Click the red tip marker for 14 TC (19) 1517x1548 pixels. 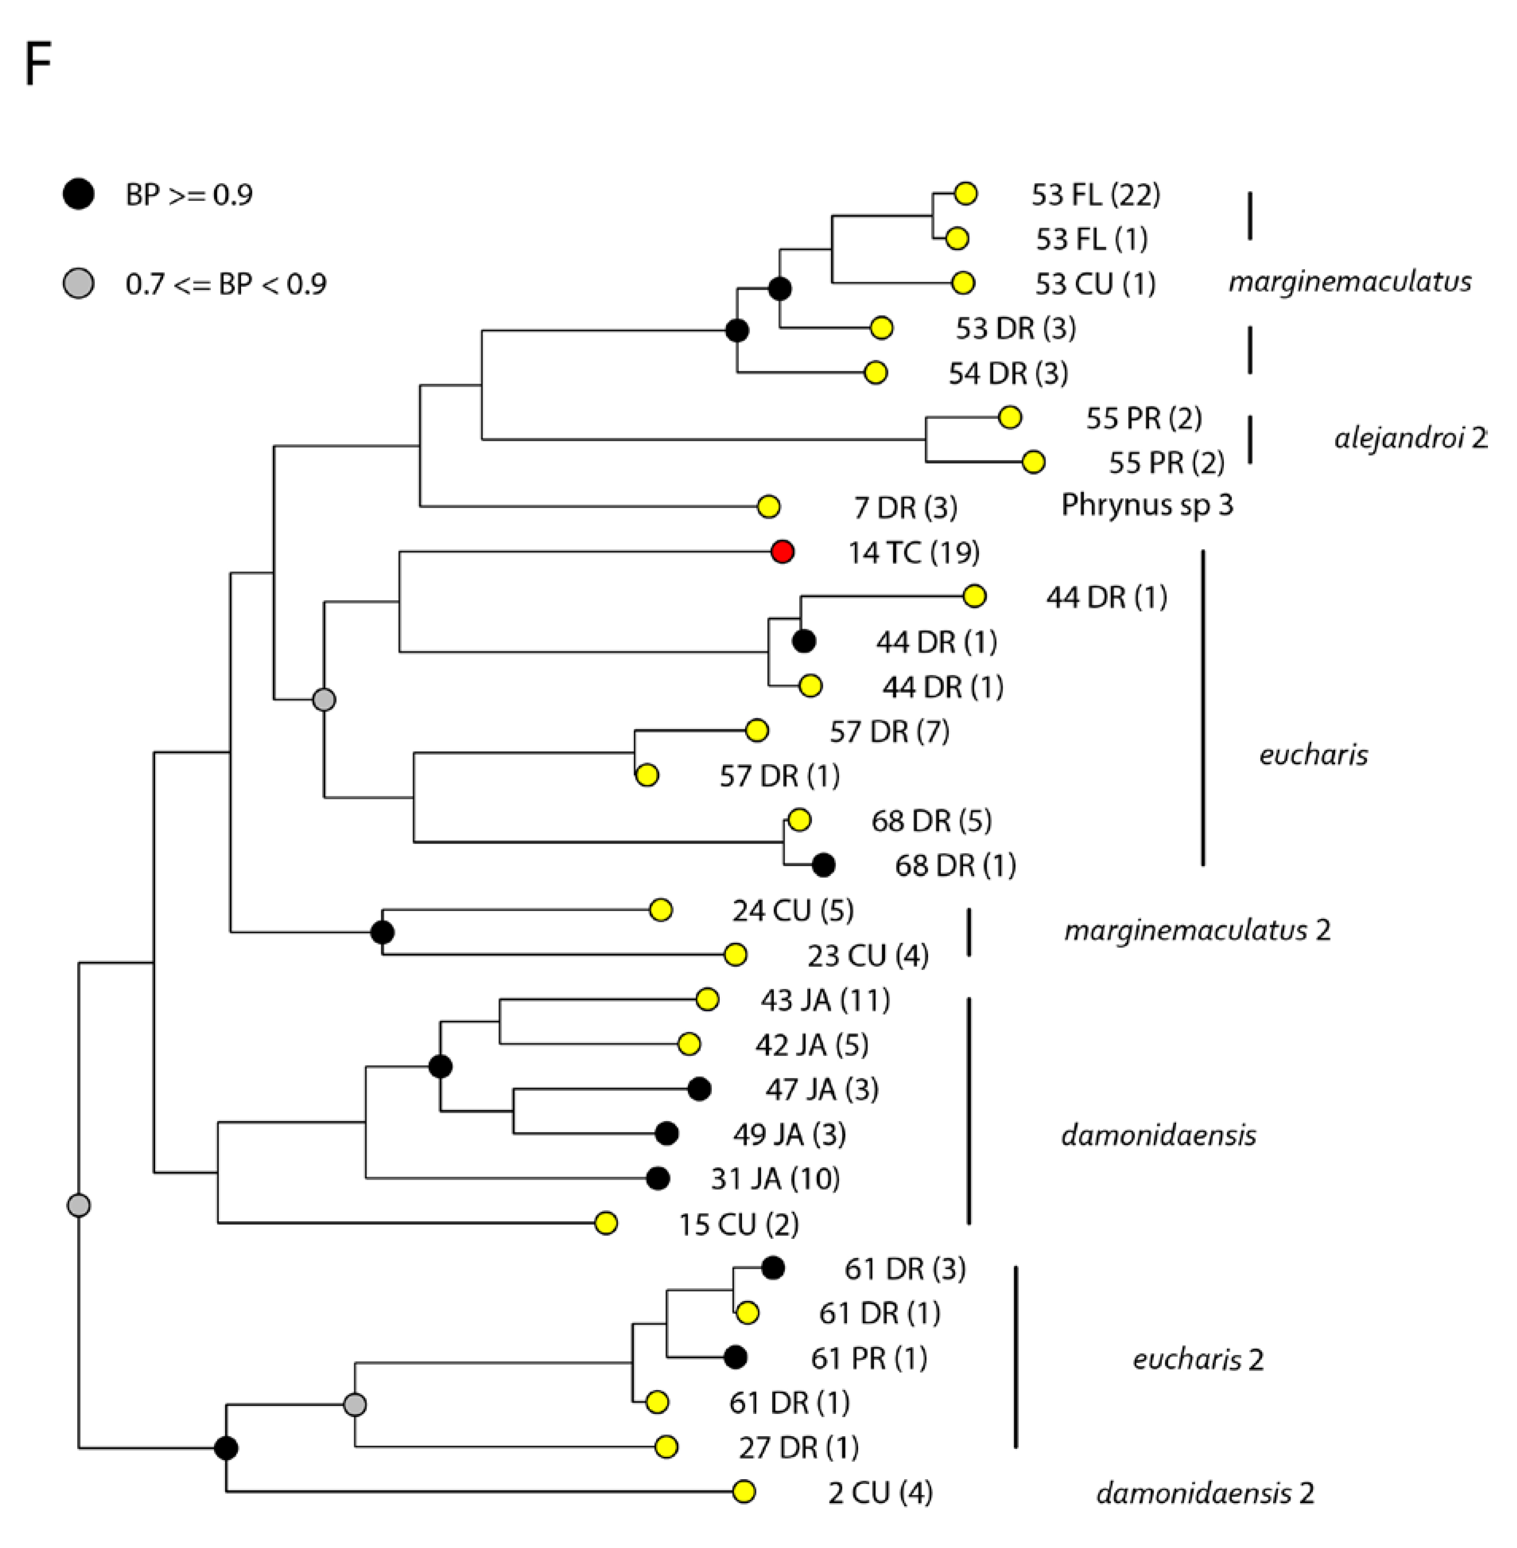click(783, 552)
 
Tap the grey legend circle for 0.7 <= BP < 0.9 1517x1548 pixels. click(78, 283)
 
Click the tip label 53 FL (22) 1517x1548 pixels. click(1096, 195)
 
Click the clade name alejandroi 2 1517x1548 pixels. click(1409, 438)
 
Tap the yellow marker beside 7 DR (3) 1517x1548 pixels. click(768, 506)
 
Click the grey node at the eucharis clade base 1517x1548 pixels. click(323, 700)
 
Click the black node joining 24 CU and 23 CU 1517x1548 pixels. click(382, 932)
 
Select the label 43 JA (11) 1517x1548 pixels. click(825, 1000)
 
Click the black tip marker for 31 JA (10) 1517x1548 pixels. click(657, 1178)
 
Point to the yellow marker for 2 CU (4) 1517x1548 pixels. click(743, 1491)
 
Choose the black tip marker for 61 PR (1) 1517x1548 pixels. click(735, 1357)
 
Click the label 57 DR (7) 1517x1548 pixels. click(889, 731)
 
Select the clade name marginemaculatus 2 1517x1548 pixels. click(1197, 930)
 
